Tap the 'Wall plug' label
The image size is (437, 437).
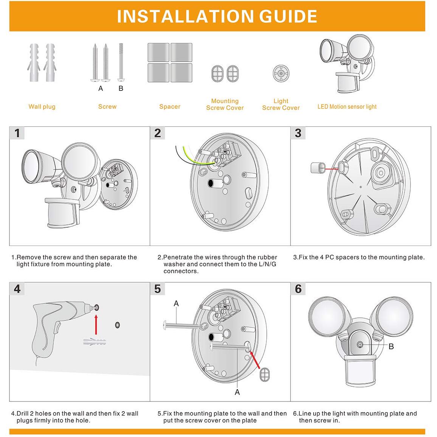(42, 107)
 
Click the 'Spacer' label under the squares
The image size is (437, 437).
(170, 107)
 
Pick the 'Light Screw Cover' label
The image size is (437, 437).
(281, 104)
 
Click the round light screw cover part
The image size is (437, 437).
(281, 73)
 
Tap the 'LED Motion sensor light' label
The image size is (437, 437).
(347, 107)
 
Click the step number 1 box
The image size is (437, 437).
(17, 133)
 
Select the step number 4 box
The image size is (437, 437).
(17, 289)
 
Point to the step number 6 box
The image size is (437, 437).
(298, 289)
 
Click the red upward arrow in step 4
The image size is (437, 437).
(96, 325)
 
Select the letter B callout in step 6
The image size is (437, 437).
(391, 346)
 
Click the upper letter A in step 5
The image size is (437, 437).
(176, 303)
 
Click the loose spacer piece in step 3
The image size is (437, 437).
(317, 168)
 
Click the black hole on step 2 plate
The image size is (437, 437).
(210, 183)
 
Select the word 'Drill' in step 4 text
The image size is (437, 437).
(25, 414)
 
